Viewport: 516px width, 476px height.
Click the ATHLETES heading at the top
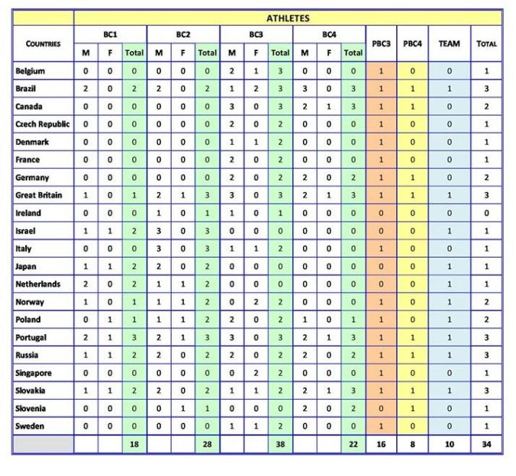pos(288,18)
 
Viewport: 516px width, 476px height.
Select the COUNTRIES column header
pos(43,43)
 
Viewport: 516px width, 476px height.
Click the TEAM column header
pos(449,43)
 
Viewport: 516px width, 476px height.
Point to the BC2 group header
pos(183,34)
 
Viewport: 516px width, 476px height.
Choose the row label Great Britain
pos(40,195)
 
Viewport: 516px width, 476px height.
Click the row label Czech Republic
pos(43,124)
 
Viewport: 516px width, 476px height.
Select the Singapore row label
pos(34,372)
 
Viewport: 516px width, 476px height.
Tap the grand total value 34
pos(486,444)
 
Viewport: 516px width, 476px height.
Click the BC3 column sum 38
pos(280,444)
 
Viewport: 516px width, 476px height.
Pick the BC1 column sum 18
pos(134,444)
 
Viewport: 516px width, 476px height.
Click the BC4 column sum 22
pos(353,444)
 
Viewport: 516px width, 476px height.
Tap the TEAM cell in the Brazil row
pos(449,88)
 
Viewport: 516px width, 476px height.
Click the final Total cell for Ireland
pos(486,213)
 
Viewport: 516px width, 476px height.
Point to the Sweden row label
pos(31,426)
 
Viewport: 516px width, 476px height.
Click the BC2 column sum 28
pos(207,444)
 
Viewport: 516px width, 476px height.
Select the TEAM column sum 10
pos(449,444)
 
